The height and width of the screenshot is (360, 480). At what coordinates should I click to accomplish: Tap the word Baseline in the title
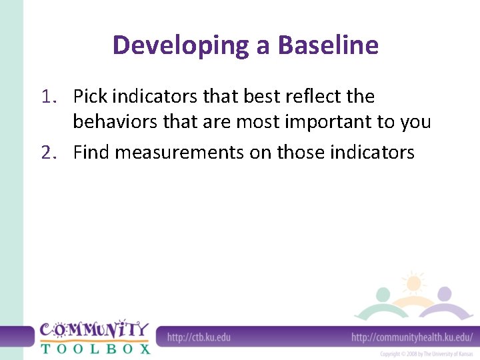[328, 46]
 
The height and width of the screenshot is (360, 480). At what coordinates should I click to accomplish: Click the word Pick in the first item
[90, 97]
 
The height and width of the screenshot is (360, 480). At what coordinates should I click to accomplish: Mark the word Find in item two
[91, 153]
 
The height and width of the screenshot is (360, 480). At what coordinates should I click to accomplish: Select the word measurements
[180, 153]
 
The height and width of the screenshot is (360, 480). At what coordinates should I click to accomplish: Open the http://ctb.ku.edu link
[199, 337]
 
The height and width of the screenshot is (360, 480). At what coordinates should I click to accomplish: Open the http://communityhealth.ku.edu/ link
[411, 337]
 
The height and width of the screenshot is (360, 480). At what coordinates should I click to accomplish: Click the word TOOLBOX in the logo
[95, 347]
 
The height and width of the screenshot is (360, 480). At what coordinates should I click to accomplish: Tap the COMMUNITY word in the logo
[94, 329]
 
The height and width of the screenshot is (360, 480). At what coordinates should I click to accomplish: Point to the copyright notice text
[426, 354]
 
